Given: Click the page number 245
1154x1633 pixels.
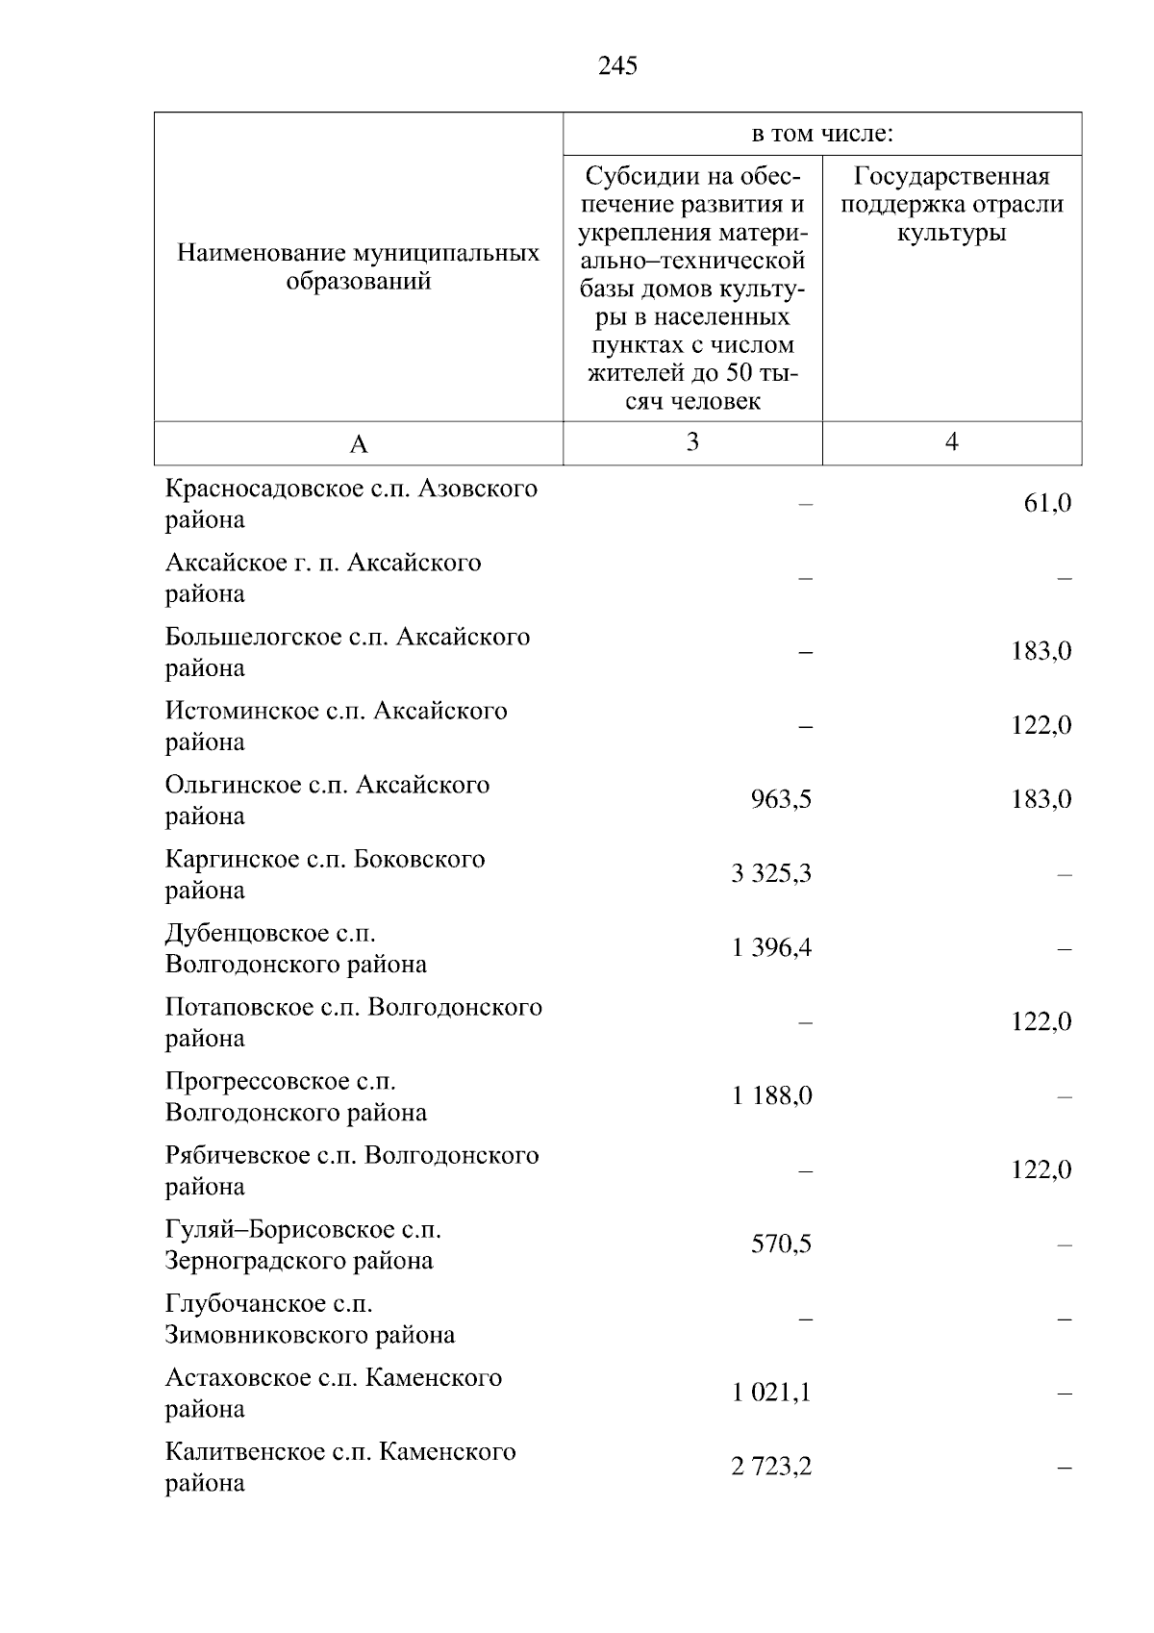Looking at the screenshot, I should pyautogui.click(x=617, y=65).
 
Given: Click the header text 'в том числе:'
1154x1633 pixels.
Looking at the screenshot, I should pyautogui.click(x=822, y=135).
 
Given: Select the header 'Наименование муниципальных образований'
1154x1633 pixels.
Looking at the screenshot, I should pyautogui.click(x=359, y=267).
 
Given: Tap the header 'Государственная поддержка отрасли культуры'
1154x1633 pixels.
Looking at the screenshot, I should pyautogui.click(x=952, y=204).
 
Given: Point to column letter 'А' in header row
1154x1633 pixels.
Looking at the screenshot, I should pyautogui.click(x=359, y=443).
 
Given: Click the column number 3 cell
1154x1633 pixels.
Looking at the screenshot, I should pyautogui.click(x=692, y=441).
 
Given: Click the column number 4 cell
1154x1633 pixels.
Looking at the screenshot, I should pyautogui.click(x=952, y=441).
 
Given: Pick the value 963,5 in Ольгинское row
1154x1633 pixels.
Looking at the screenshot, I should pyautogui.click(x=781, y=799).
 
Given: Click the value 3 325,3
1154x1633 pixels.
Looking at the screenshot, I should pyautogui.click(x=771, y=873).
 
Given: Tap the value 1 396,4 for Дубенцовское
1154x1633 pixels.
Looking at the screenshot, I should pyautogui.click(x=771, y=947).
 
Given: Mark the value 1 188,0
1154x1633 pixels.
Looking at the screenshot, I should pyautogui.click(x=771, y=1095).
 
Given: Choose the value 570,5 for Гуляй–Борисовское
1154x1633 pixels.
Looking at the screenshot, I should pyautogui.click(x=781, y=1244).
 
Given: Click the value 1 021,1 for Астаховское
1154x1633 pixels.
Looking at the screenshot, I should pyautogui.click(x=771, y=1392).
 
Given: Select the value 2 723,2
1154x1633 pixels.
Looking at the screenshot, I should pyautogui.click(x=771, y=1466).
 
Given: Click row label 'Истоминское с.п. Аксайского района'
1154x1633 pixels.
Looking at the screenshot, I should pyautogui.click(x=336, y=726).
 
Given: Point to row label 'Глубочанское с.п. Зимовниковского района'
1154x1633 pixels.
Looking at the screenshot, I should pyautogui.click(x=310, y=1319).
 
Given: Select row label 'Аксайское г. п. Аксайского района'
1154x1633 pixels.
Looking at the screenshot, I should pyautogui.click(x=322, y=578).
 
